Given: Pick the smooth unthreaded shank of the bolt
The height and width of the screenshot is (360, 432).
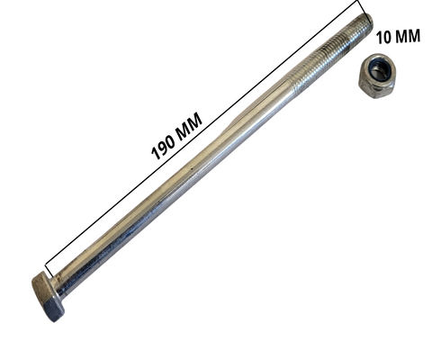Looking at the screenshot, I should [x=180, y=180].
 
